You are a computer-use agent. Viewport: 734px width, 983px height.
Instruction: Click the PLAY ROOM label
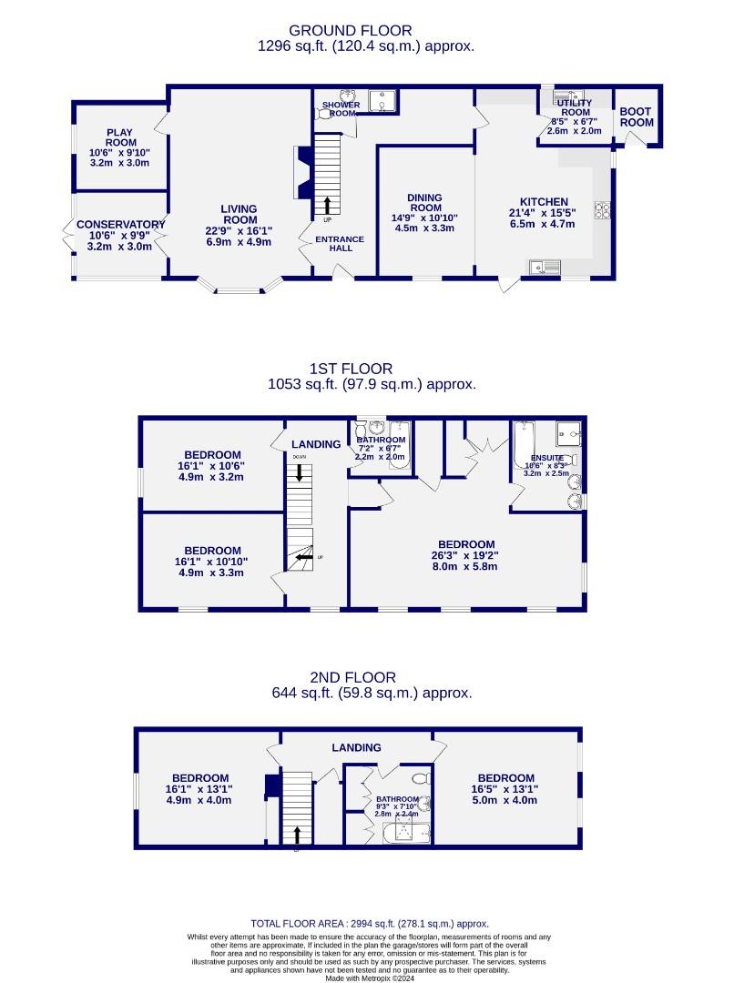click(119, 137)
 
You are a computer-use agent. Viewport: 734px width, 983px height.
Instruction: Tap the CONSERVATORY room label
click(120, 225)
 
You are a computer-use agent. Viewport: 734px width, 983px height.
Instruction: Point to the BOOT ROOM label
click(637, 117)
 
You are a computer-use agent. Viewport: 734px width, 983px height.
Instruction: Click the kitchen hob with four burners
click(602, 210)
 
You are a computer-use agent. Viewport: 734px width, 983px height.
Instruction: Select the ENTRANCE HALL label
click(340, 244)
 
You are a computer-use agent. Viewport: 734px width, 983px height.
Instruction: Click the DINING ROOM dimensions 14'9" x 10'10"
click(425, 218)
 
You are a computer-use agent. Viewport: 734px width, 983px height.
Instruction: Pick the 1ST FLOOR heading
click(351, 369)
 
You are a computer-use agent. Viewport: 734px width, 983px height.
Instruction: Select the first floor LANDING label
click(315, 444)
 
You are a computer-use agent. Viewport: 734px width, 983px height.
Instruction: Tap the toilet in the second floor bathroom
click(420, 778)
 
